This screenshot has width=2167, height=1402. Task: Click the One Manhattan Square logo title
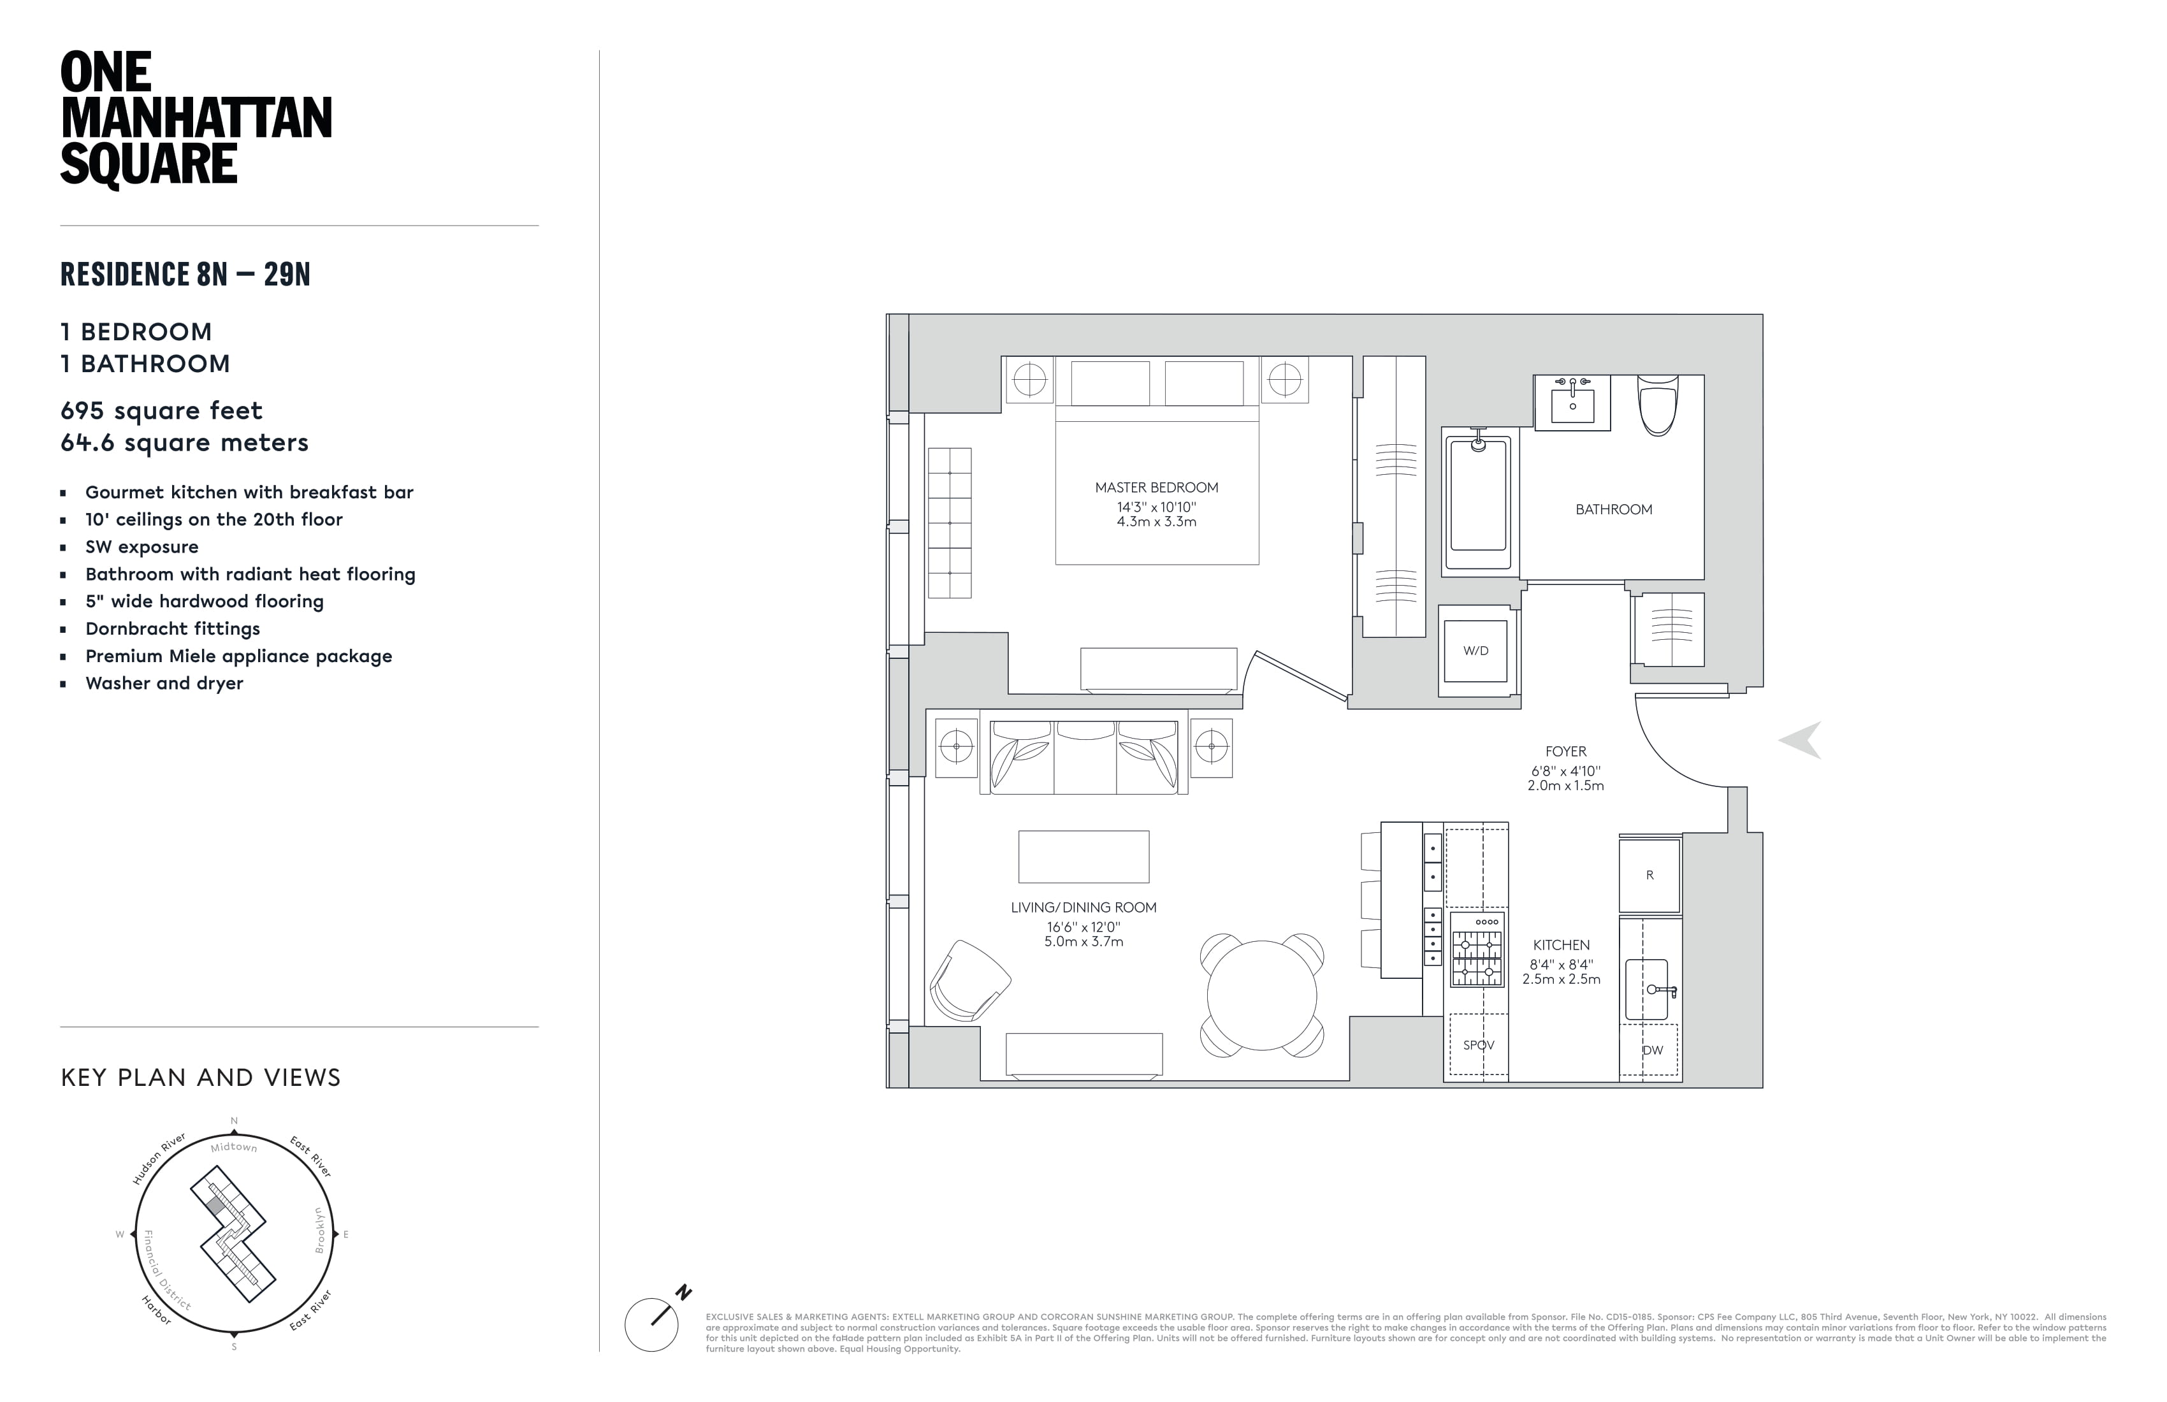point(196,119)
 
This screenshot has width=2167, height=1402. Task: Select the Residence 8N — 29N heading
point(185,274)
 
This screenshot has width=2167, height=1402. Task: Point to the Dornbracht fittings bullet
point(172,629)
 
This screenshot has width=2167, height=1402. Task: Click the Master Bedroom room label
point(1156,488)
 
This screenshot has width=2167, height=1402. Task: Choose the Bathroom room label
point(1613,510)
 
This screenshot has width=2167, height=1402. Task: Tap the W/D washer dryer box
point(1476,651)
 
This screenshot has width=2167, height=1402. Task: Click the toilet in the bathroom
point(1657,407)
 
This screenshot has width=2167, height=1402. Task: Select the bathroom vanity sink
point(1572,402)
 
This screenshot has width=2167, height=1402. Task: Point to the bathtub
point(1478,499)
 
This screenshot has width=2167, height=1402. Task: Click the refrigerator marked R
point(1649,876)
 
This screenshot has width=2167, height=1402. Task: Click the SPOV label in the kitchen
point(1478,1045)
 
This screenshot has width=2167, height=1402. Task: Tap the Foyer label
point(1565,752)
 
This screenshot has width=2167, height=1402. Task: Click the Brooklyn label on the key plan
point(319,1230)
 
